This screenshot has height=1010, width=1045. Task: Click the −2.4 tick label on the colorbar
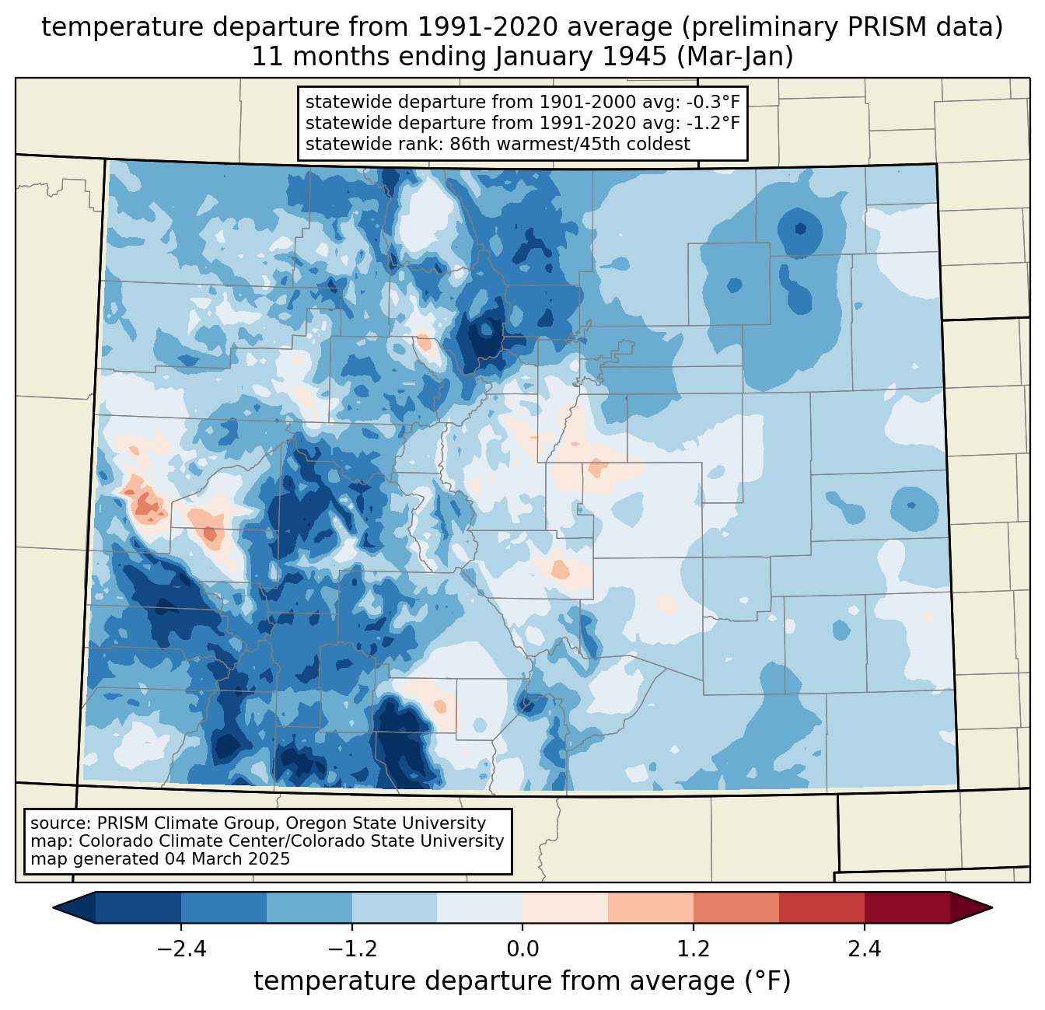click(181, 949)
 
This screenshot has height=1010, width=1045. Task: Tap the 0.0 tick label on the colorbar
click(522, 949)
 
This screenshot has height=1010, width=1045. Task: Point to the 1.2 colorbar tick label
click(694, 949)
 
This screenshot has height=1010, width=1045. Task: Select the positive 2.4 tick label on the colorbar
click(864, 949)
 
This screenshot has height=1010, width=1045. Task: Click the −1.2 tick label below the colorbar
click(351, 949)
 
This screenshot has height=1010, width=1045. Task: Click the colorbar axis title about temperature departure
click(522, 981)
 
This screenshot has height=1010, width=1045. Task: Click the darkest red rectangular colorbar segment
click(907, 907)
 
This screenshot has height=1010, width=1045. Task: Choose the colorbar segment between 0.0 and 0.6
click(565, 907)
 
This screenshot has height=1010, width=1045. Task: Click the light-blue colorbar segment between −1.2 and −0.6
click(394, 907)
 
